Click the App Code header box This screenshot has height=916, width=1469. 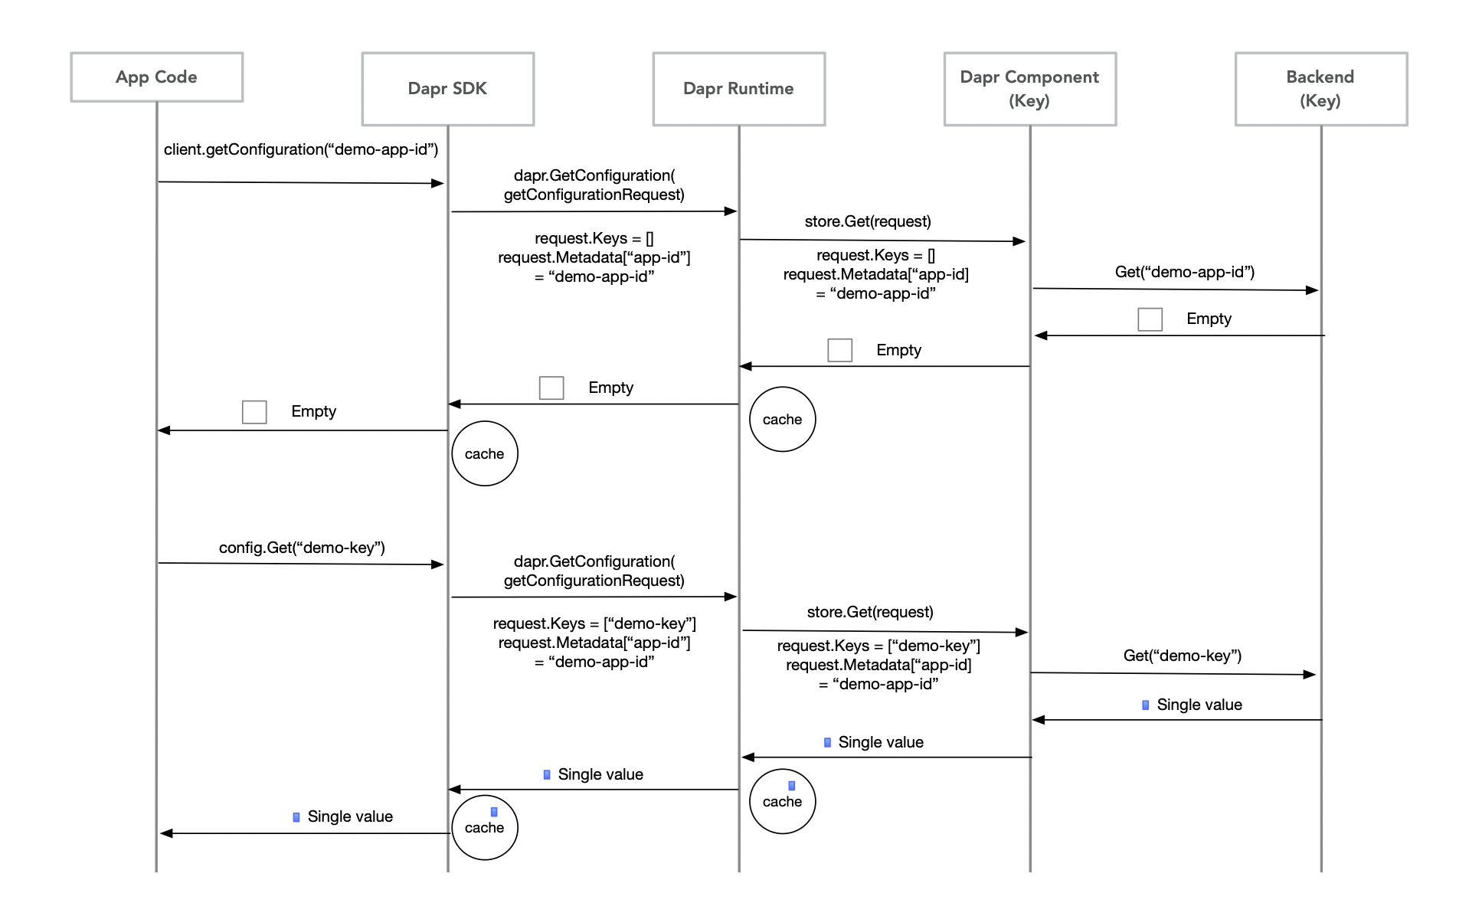coord(156,77)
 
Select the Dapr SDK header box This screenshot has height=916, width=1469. coord(447,89)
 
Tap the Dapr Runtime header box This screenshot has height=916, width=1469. coord(738,89)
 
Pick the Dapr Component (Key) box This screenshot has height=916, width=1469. coord(1029,89)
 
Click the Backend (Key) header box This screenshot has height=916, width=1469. coord(1320,89)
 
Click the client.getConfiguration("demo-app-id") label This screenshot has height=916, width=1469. coord(300,149)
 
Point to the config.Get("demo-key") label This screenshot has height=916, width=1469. coord(302,548)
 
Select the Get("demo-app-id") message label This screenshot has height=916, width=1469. coord(1184,272)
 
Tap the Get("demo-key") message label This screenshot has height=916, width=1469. coord(1182,656)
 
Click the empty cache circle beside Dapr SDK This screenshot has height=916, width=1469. coord(484,453)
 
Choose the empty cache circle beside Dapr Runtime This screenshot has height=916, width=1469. coord(782,419)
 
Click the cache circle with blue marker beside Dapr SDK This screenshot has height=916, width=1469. coord(484,827)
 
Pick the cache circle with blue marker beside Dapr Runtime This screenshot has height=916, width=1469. coord(782,801)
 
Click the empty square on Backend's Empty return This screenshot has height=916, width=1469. coord(1150,319)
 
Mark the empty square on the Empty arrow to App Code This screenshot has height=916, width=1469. coord(254,412)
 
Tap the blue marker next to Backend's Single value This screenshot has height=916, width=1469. coord(1145,705)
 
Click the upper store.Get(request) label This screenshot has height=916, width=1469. coord(867,221)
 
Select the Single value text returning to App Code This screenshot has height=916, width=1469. coord(350,816)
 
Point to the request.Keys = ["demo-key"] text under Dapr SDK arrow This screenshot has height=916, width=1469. coord(594,623)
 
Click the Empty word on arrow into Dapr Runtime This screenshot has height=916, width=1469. coord(898,350)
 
